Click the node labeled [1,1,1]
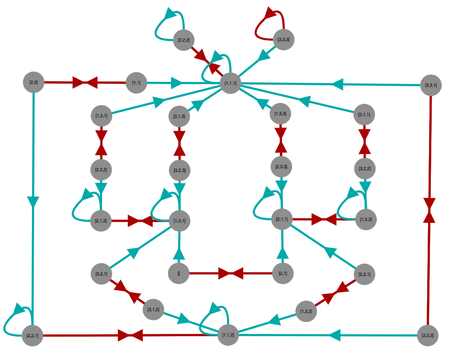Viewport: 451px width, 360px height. (x=230, y=83)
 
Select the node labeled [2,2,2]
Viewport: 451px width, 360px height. (x=184, y=40)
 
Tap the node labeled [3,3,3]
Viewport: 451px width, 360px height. (x=283, y=40)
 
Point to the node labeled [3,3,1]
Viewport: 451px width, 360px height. (x=431, y=85)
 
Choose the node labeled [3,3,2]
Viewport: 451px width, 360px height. (x=428, y=335)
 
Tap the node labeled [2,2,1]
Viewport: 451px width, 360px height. (x=33, y=336)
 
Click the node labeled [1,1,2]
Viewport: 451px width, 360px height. (x=228, y=335)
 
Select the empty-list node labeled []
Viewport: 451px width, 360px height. (x=179, y=274)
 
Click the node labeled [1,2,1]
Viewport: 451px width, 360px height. (x=179, y=221)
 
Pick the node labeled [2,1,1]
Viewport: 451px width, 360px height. (x=282, y=220)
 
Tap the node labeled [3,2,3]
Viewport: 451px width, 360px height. (x=179, y=170)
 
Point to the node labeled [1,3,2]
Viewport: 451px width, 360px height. (x=306, y=311)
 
